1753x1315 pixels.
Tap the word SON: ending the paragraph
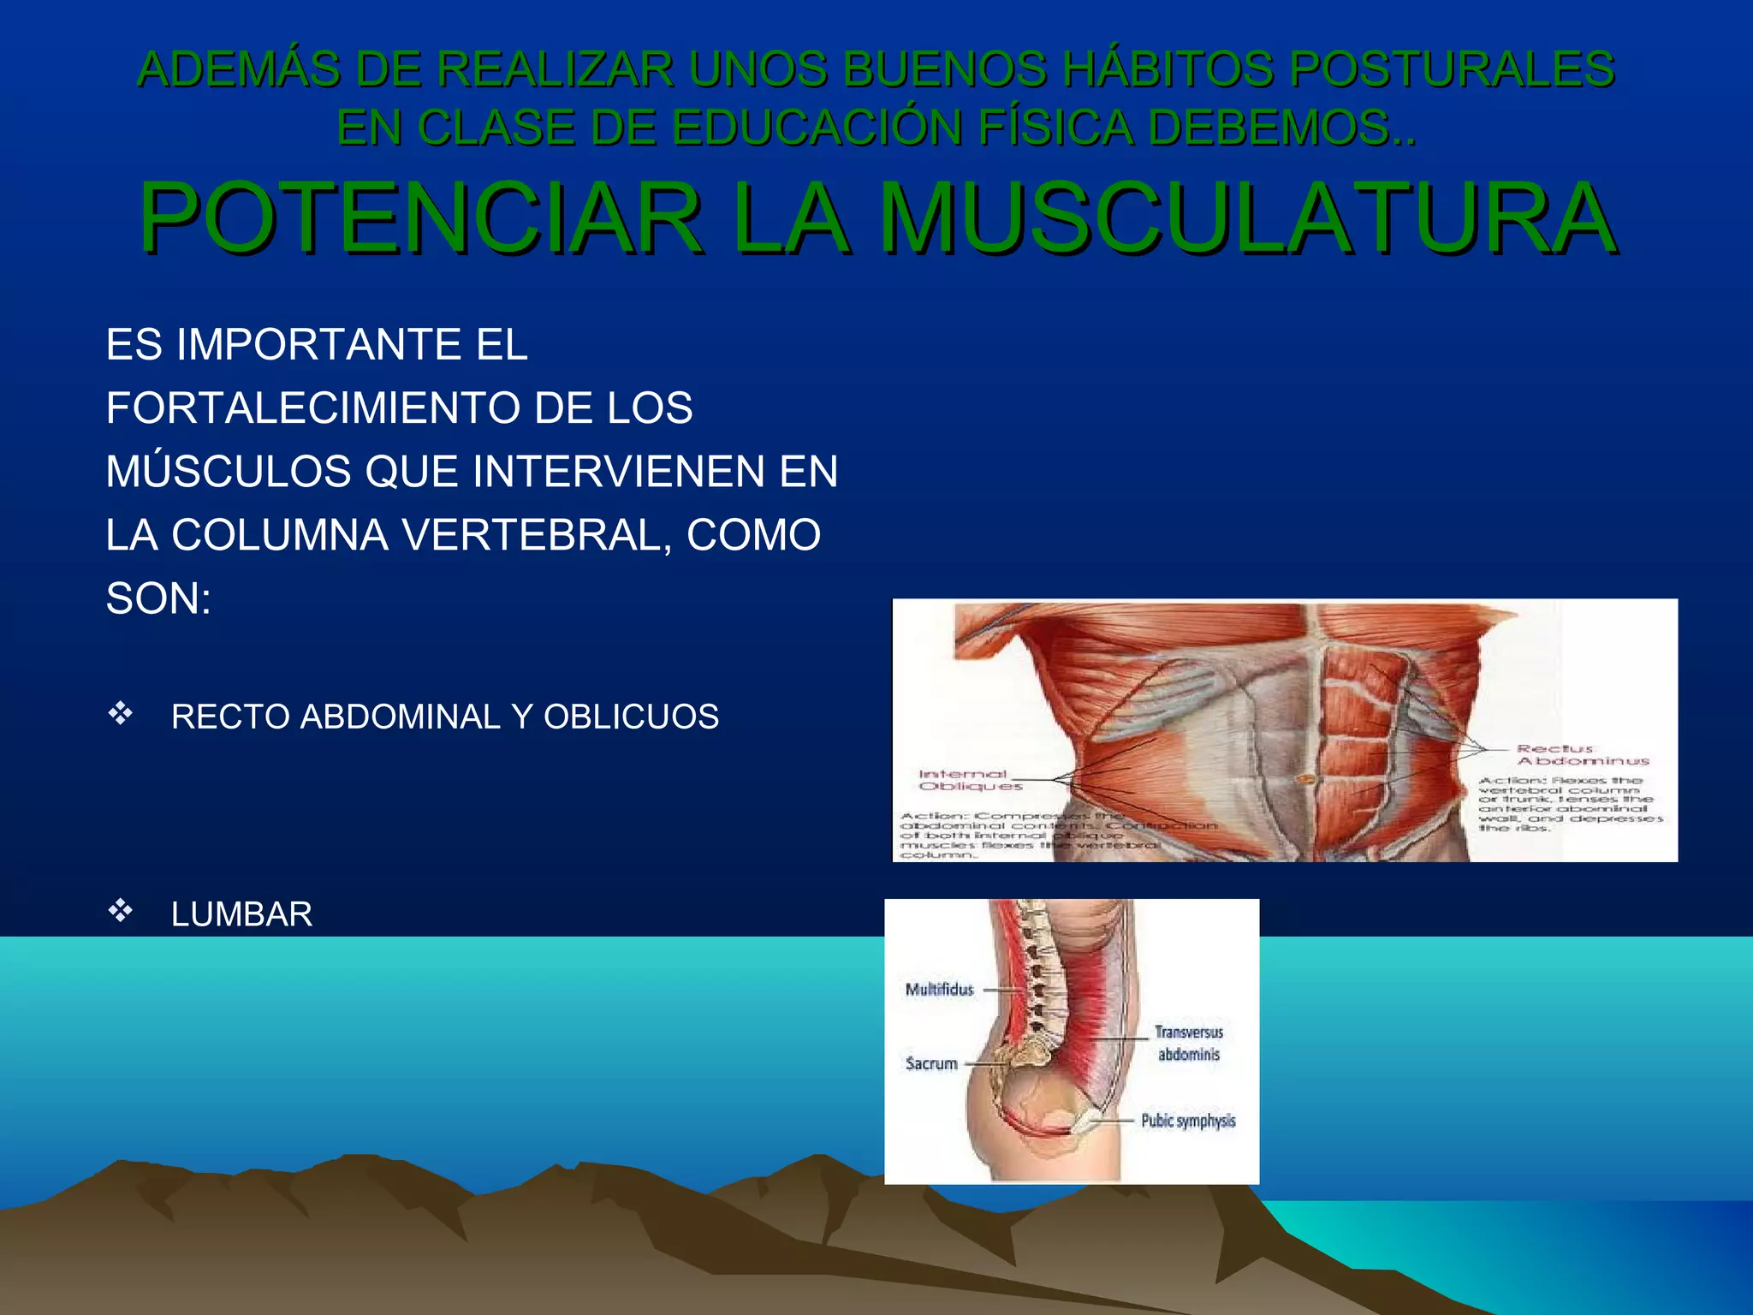click(x=158, y=598)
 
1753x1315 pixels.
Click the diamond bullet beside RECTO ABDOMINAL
click(x=120, y=713)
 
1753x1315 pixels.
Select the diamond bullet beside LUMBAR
click(x=120, y=910)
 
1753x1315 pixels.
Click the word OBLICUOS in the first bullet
click(x=631, y=717)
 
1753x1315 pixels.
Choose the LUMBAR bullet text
click(x=241, y=914)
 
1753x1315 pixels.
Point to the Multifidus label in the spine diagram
click(x=939, y=990)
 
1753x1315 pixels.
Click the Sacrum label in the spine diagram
click(x=931, y=1063)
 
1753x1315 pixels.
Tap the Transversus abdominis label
click(x=1188, y=1044)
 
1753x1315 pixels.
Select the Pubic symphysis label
click(x=1188, y=1121)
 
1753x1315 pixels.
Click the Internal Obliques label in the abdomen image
click(x=967, y=780)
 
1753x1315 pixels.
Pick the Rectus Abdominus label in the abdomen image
click(x=1583, y=754)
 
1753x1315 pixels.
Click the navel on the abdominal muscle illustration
click(x=1304, y=778)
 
